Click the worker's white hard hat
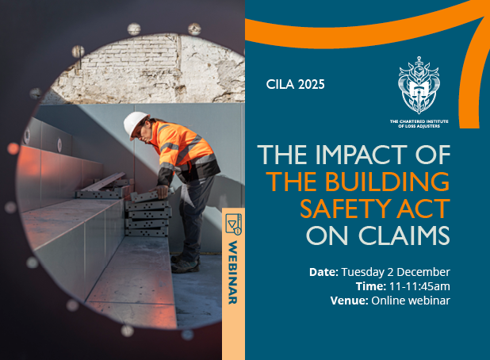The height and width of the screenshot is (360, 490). [135, 123]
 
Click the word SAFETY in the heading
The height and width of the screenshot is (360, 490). [341, 210]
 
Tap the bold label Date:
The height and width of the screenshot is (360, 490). [323, 272]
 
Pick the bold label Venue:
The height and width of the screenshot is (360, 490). [347, 301]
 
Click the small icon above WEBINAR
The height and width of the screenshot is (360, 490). [233, 225]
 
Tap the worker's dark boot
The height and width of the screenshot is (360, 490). [184, 265]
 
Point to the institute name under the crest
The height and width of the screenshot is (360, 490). [419, 122]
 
